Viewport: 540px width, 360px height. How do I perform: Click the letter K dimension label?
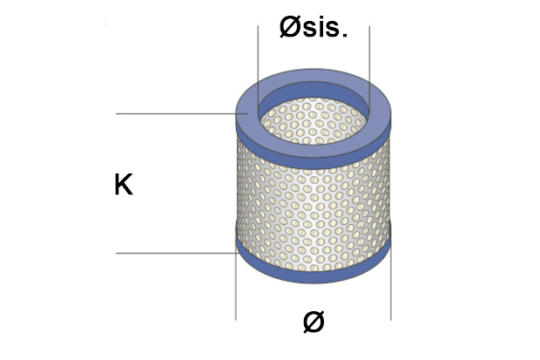click(x=124, y=185)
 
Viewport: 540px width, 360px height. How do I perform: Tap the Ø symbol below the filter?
click(x=314, y=322)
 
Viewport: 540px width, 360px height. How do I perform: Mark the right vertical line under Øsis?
click(x=369, y=69)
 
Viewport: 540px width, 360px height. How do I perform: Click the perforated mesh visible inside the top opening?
click(x=314, y=120)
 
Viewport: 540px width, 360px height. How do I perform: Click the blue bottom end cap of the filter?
click(x=314, y=275)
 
